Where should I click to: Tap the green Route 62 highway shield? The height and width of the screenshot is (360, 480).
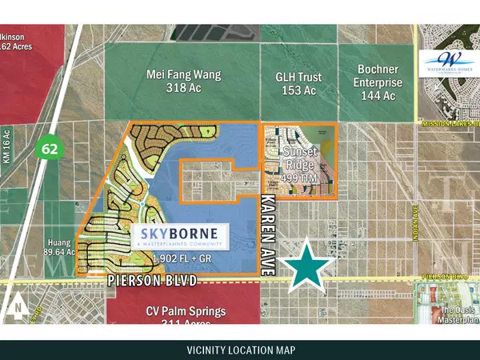[50, 148]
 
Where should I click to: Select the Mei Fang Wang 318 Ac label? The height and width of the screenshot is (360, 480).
[184, 82]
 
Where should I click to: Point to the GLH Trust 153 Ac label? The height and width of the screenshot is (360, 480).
[299, 84]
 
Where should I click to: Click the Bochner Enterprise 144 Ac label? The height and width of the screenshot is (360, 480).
[378, 82]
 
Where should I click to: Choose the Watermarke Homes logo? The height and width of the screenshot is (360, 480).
[450, 62]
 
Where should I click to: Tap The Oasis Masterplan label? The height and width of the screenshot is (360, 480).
[459, 314]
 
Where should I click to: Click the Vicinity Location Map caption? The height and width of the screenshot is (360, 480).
[240, 350]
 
